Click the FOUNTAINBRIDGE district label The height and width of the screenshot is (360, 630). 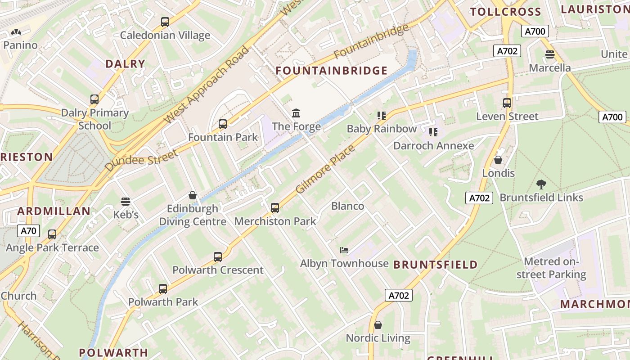coord(331,71)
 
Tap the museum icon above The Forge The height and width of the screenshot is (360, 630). coord(296,113)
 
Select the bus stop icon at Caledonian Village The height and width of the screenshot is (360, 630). coord(165,22)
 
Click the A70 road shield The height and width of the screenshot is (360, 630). coord(28,231)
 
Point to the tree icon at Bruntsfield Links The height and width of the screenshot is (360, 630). coord(541,184)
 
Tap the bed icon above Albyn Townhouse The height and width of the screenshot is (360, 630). coord(344,250)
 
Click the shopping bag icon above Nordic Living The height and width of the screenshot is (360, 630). coord(378,324)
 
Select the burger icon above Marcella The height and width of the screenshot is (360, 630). coord(549,54)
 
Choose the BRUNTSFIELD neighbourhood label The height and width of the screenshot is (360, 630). coord(435,265)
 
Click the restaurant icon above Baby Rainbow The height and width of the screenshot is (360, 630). coord(382,116)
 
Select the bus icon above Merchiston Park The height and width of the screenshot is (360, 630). coord(275,208)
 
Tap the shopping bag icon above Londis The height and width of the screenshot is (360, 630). coord(498,160)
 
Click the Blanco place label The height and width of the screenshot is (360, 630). coord(347,206)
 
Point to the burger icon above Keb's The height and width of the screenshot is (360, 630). coord(126,202)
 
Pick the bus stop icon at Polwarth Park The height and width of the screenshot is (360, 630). coord(163,288)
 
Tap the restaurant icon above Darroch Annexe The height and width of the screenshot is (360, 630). coord(433,132)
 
